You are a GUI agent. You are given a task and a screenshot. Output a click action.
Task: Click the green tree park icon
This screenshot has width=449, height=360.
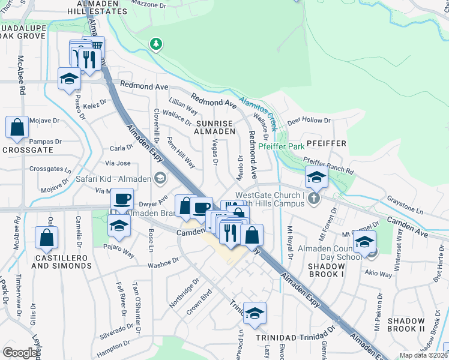point(156,44)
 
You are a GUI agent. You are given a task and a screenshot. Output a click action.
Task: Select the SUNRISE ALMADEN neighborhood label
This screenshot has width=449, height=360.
point(214,127)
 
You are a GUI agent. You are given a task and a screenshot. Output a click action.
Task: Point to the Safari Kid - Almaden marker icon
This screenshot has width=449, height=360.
point(160,177)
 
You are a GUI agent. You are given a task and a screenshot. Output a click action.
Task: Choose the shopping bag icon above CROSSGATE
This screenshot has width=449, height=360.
point(17,127)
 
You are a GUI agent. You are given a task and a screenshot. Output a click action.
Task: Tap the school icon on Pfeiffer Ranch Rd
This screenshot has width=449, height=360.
point(316,178)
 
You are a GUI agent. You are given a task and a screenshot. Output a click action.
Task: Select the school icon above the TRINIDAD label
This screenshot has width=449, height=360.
point(255,313)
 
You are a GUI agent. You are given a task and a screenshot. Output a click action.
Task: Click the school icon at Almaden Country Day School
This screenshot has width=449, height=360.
point(364,242)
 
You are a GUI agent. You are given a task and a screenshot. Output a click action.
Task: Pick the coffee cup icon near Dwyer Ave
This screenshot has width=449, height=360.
point(122,199)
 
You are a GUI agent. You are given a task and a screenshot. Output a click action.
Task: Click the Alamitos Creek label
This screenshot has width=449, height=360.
point(257,109)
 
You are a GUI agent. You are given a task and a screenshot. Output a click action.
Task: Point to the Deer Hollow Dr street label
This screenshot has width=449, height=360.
point(309,121)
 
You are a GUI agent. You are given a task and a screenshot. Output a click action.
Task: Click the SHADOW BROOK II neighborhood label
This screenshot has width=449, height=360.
point(406,325)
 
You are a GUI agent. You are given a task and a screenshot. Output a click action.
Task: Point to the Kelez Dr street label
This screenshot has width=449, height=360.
point(95,103)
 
